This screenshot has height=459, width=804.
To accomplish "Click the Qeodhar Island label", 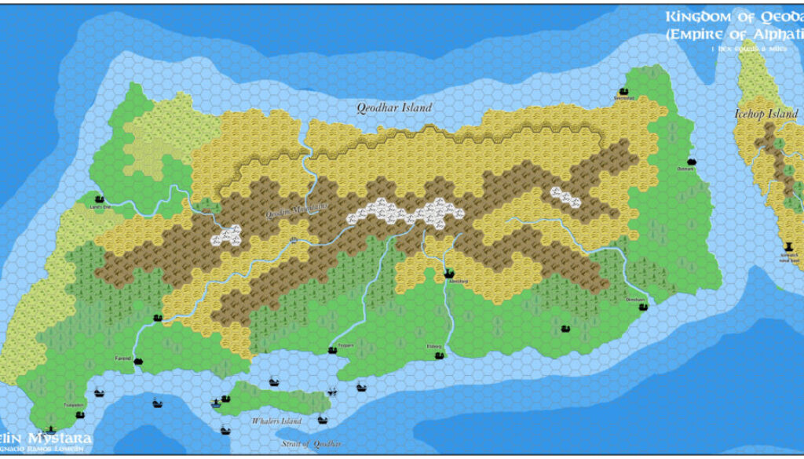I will tap(394, 107).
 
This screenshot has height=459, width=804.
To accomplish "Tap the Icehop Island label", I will tap(766, 115).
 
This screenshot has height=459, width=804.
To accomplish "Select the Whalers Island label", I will tap(276, 422).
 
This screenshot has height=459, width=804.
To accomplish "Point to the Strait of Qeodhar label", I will tap(312, 445).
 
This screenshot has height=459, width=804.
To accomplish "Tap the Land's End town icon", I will tap(100, 199).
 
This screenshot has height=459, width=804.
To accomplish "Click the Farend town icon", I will tap(139, 361).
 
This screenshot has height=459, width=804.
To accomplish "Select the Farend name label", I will tap(123, 358).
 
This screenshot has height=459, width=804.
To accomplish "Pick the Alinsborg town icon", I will tap(449, 274).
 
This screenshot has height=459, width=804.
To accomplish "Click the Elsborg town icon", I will tap(440, 355).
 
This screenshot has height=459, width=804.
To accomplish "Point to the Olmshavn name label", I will tap(635, 300).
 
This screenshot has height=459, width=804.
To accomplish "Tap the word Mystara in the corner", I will tap(60, 438).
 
